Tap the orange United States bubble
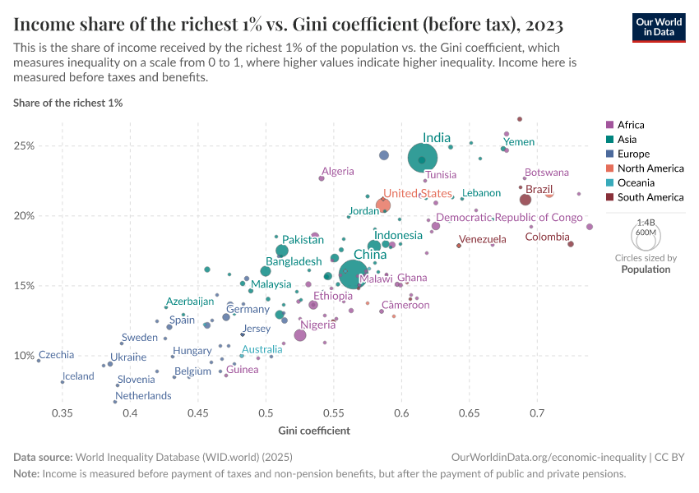(383, 205)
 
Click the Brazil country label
(539, 189)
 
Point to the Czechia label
(56, 355)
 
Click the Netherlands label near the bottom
(143, 395)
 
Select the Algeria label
(337, 172)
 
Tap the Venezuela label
(483, 239)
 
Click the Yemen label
(520, 142)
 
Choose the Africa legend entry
(631, 125)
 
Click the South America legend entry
(650, 197)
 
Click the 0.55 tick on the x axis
(333, 412)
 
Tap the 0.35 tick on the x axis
(62, 412)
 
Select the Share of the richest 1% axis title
(68, 104)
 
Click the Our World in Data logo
(658, 26)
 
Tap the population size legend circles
(646, 236)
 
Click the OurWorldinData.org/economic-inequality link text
(546, 456)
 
